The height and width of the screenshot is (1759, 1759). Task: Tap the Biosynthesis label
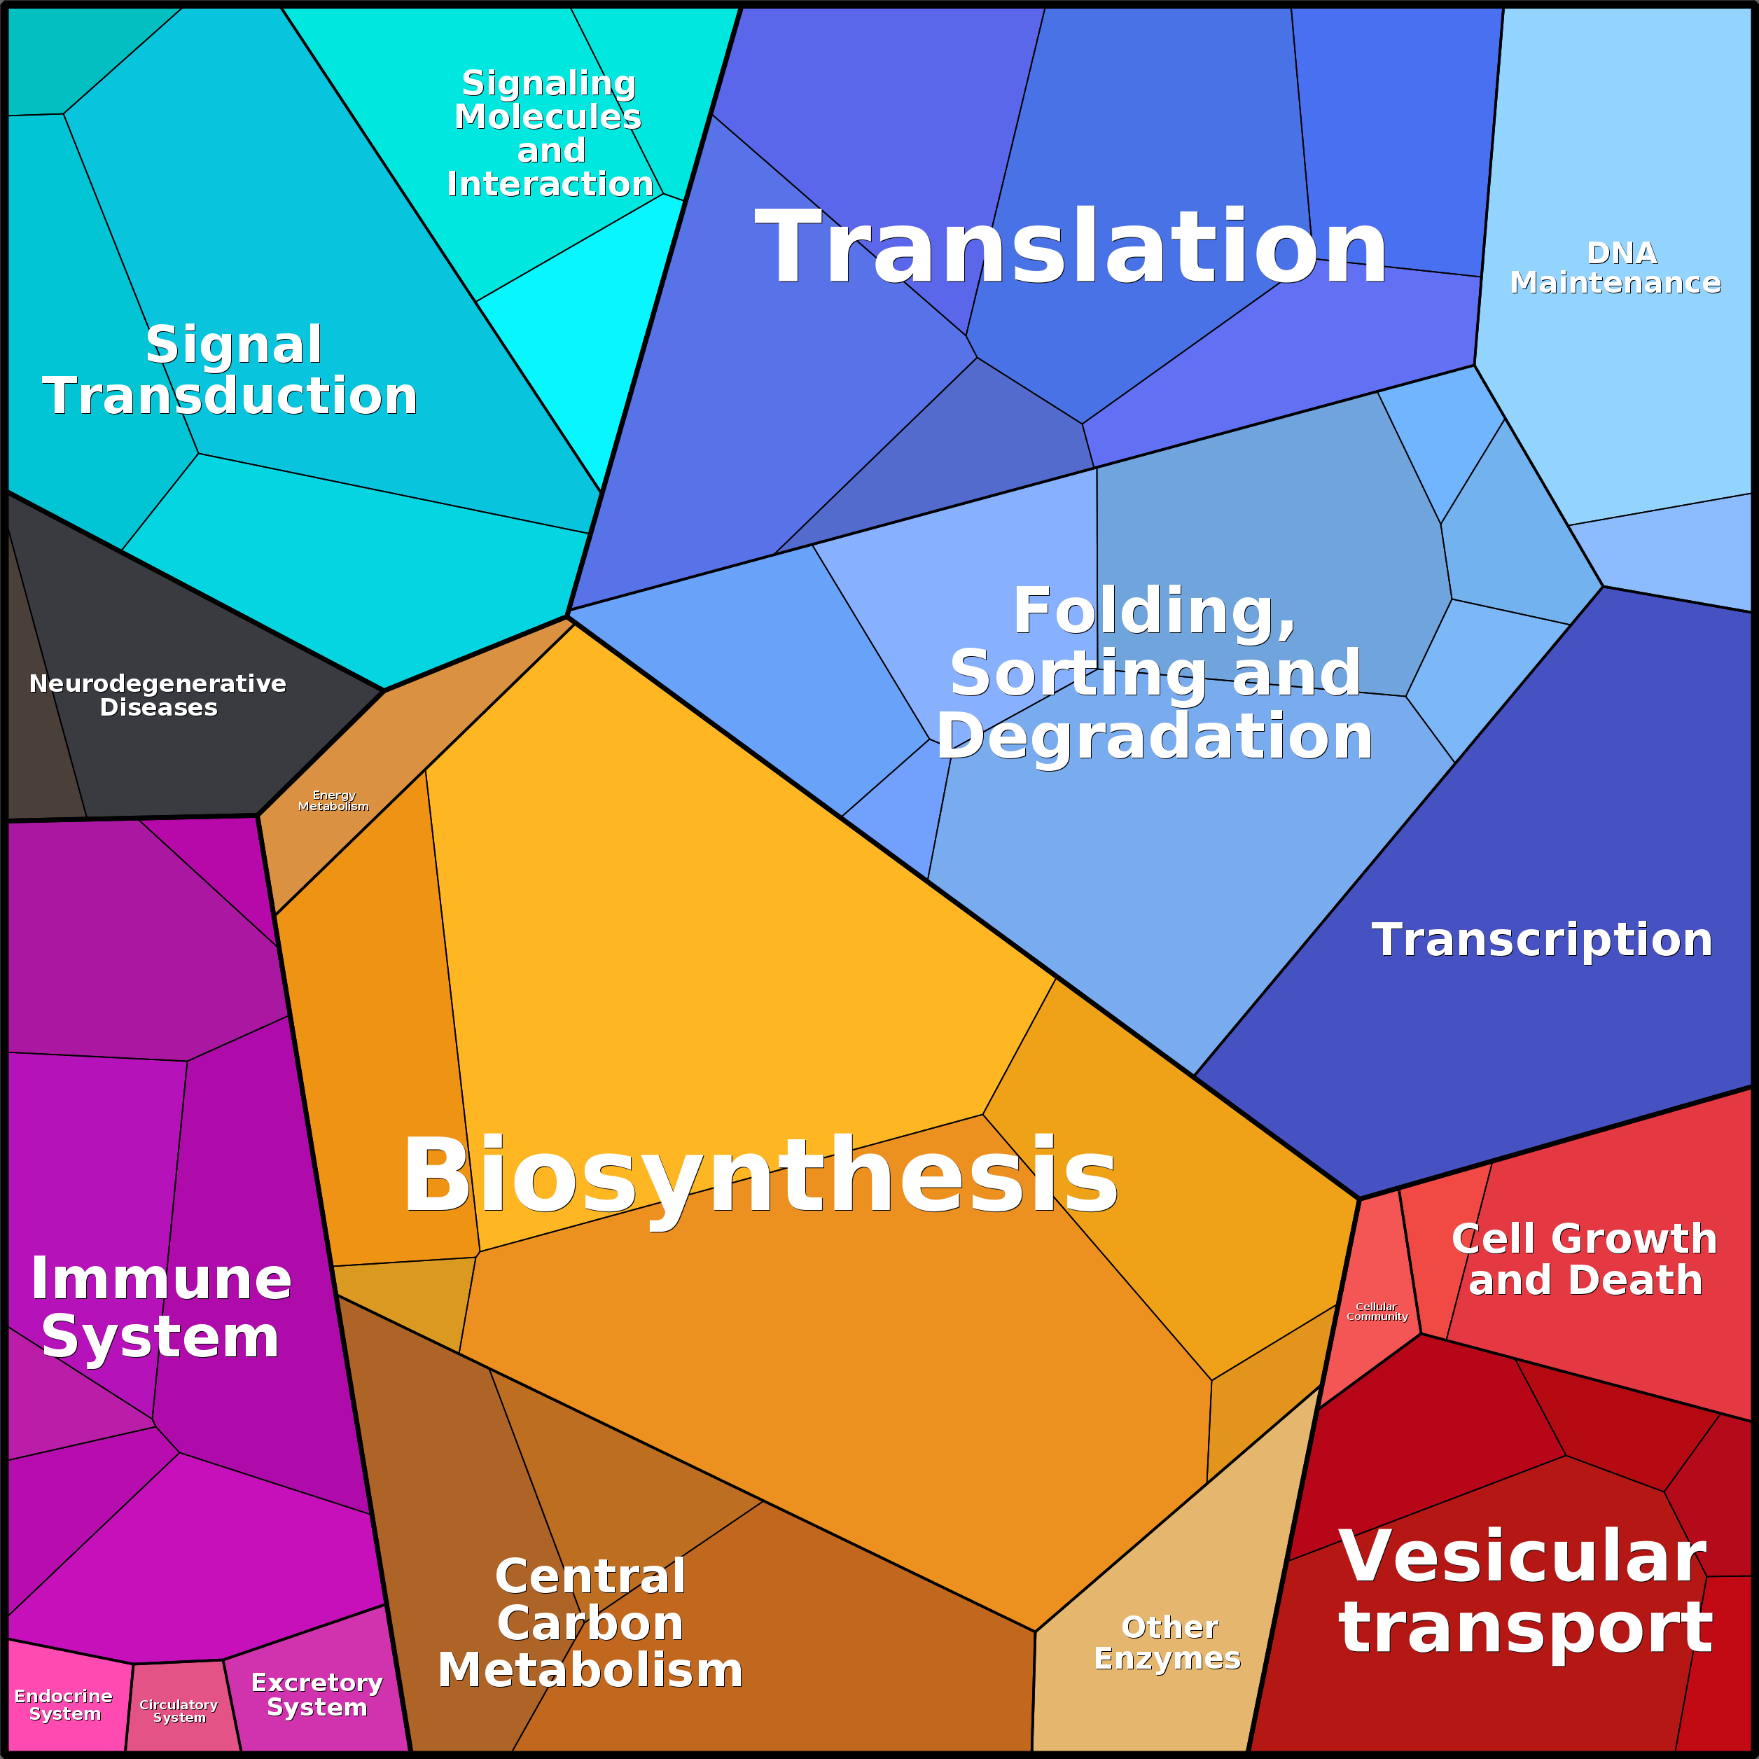(x=760, y=1177)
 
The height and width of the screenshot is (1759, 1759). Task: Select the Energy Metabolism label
(x=333, y=800)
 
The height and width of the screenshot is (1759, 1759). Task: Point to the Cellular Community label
(x=1377, y=1311)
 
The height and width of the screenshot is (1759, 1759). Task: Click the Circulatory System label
(x=179, y=1711)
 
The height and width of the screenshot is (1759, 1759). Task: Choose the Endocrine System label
(x=64, y=1704)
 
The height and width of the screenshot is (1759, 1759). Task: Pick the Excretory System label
(x=317, y=1695)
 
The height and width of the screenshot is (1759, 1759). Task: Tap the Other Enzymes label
(x=1167, y=1643)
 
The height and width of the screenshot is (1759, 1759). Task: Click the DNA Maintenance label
(x=1615, y=267)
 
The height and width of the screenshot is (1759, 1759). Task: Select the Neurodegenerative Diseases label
(x=158, y=695)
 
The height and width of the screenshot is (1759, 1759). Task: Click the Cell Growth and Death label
(x=1584, y=1259)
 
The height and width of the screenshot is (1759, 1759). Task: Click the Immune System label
(x=161, y=1307)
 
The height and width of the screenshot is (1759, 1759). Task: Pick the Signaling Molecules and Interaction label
(x=549, y=133)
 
